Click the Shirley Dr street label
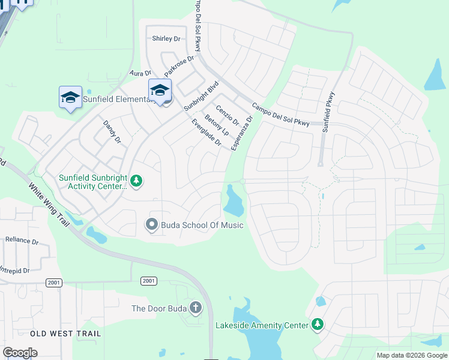[x=166, y=38]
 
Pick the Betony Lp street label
[x=217, y=124]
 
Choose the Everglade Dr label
[x=206, y=133]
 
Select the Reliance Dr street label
[x=22, y=240]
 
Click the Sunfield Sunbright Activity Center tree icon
[x=136, y=181]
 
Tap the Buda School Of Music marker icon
[x=152, y=225]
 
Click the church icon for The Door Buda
[x=195, y=308]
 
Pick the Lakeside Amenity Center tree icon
[x=318, y=325]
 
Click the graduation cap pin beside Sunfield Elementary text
[x=70, y=97]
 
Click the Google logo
[x=20, y=353]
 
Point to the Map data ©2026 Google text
[x=411, y=355]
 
